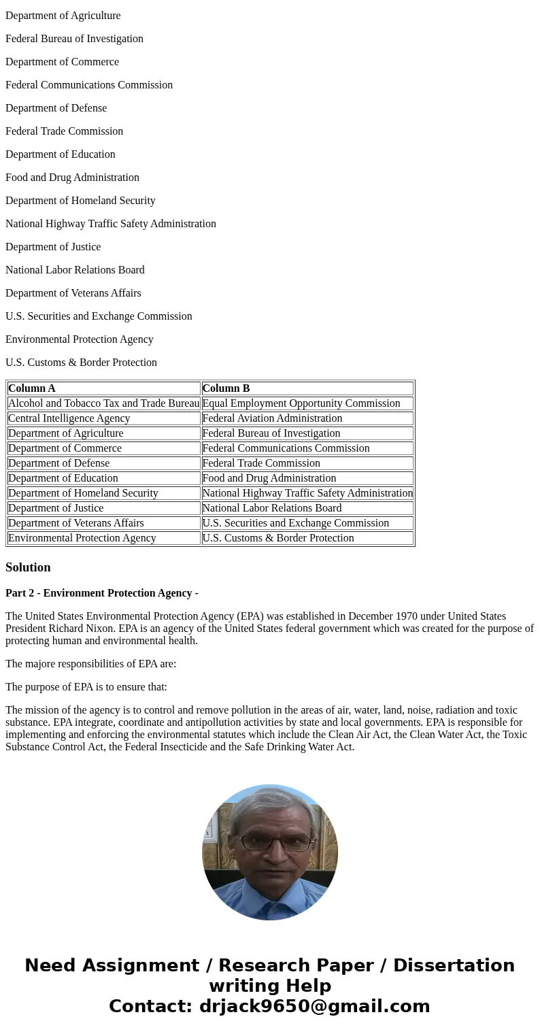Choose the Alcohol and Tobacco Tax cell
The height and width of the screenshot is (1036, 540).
[x=103, y=403]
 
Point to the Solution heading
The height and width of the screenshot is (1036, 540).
[x=28, y=567]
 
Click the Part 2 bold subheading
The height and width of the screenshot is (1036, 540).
[x=102, y=593]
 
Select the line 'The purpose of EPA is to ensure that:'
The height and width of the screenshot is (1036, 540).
[x=86, y=687]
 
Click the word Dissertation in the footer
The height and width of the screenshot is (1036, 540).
[x=454, y=966]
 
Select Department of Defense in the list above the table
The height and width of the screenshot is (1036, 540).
[x=56, y=108]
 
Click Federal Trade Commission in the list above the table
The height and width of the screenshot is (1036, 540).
[x=64, y=131]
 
